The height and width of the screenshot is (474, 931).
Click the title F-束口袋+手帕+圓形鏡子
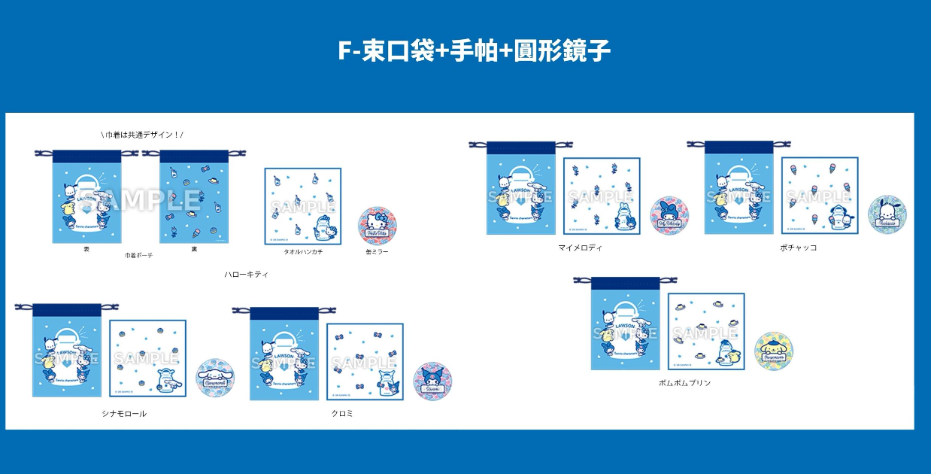click(474, 51)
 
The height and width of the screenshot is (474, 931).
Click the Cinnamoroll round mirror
click(215, 378)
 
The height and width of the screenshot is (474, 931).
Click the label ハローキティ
click(247, 275)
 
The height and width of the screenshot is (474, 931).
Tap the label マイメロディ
click(580, 248)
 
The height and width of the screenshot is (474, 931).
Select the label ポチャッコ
click(799, 248)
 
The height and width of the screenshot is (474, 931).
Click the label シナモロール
click(124, 414)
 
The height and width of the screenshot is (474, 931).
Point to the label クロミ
click(342, 414)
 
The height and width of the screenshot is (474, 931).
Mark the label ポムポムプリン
click(684, 383)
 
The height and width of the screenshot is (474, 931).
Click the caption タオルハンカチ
click(303, 251)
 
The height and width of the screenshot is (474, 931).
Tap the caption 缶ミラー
click(377, 251)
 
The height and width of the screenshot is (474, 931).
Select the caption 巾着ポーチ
click(138, 256)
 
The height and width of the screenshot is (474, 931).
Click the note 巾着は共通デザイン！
click(141, 135)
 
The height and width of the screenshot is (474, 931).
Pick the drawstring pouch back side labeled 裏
click(193, 197)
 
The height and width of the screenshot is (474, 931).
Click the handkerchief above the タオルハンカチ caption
click(302, 205)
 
